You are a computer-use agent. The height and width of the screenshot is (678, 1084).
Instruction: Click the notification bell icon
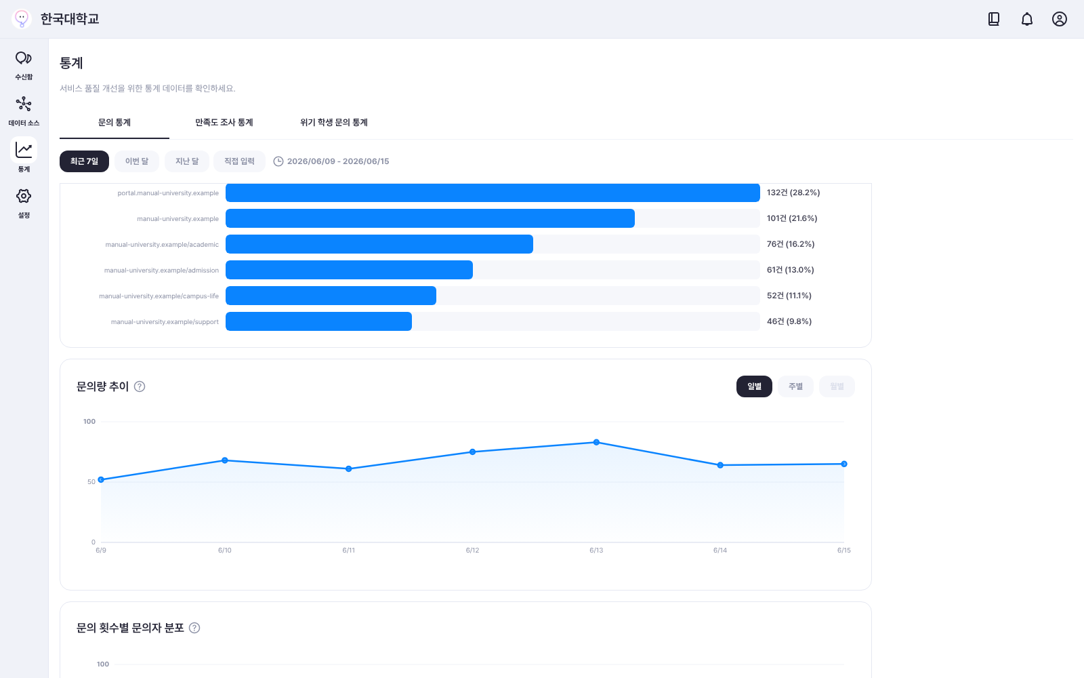tap(1027, 20)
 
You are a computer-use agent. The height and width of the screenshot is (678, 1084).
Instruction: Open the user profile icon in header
tap(1060, 19)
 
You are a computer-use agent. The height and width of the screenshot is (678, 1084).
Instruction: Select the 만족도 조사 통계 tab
tap(224, 123)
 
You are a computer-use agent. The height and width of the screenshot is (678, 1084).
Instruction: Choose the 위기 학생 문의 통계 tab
tap(334, 123)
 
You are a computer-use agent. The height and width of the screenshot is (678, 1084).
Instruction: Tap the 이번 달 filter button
tap(137, 161)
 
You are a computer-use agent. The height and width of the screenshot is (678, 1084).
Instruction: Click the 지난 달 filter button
tap(187, 161)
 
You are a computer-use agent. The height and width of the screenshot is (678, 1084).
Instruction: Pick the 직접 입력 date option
tap(240, 161)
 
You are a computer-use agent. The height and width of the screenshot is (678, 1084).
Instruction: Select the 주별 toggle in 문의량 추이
tap(795, 386)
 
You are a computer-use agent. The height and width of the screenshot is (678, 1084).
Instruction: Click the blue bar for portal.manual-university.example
tap(493, 193)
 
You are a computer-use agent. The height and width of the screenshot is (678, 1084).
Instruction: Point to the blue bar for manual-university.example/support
tap(318, 321)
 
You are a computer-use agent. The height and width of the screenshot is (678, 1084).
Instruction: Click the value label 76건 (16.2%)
tap(791, 244)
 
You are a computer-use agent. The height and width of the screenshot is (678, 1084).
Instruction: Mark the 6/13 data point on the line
tap(596, 442)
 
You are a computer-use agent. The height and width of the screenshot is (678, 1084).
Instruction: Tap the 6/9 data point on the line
tap(101, 480)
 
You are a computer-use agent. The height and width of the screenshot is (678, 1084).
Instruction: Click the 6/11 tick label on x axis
tap(348, 550)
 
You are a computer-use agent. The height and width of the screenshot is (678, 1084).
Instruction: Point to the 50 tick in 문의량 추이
tap(91, 482)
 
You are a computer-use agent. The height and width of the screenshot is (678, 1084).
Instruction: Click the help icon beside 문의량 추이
tap(140, 386)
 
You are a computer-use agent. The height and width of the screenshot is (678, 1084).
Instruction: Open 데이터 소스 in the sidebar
tap(24, 111)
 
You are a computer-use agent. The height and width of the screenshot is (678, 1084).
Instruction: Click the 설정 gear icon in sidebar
tap(24, 196)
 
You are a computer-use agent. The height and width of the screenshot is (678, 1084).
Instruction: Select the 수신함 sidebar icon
tap(24, 58)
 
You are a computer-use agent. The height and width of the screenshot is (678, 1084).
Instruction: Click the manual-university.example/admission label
tap(162, 271)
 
